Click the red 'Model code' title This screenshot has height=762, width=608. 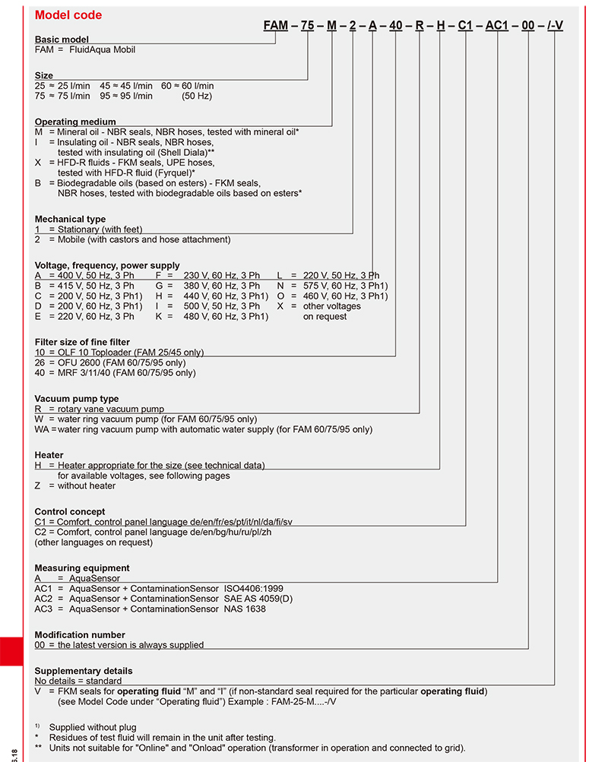click(x=68, y=15)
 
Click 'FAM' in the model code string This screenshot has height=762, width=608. click(x=275, y=25)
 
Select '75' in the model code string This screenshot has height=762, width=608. click(x=307, y=25)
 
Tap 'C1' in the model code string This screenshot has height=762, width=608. click(x=465, y=25)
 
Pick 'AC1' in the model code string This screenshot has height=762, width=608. click(x=497, y=25)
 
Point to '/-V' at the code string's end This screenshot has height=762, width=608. click(x=555, y=25)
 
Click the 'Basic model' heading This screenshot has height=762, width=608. click(x=62, y=40)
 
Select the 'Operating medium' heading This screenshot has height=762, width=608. click(x=75, y=122)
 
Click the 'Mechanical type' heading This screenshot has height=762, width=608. click(x=71, y=220)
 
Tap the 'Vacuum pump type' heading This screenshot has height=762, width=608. click(x=77, y=399)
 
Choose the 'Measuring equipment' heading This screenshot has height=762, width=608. click(x=82, y=568)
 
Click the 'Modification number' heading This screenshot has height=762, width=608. click(x=80, y=634)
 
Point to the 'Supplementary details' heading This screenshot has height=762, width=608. click(x=84, y=671)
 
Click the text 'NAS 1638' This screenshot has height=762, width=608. click(x=245, y=609)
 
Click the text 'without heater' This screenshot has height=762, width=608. click(x=87, y=485)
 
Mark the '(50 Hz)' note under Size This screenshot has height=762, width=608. click(x=197, y=96)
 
